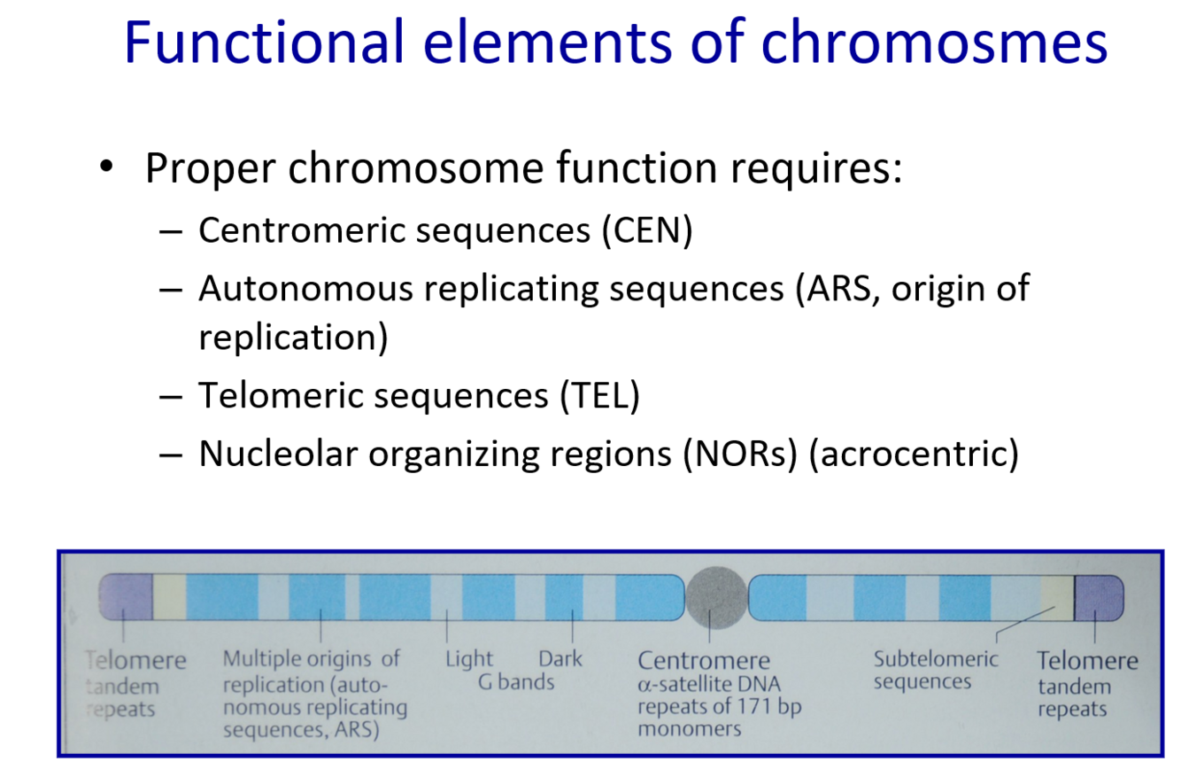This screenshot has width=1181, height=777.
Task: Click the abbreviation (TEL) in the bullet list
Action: tap(598, 395)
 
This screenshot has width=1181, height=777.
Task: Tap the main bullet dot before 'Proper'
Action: tap(107, 167)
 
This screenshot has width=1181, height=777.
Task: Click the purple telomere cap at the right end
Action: tap(1099, 596)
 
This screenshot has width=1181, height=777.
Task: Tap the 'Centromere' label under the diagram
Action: tap(704, 661)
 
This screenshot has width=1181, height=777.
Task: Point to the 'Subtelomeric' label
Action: tap(935, 659)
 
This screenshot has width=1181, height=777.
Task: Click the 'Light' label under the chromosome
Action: tap(469, 659)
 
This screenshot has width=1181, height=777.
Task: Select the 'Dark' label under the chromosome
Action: tap(560, 659)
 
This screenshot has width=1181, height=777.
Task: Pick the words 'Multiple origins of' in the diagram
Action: tap(312, 659)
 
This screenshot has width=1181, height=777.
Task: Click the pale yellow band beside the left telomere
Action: tap(169, 596)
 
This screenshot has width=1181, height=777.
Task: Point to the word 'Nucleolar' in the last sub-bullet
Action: tap(278, 454)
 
